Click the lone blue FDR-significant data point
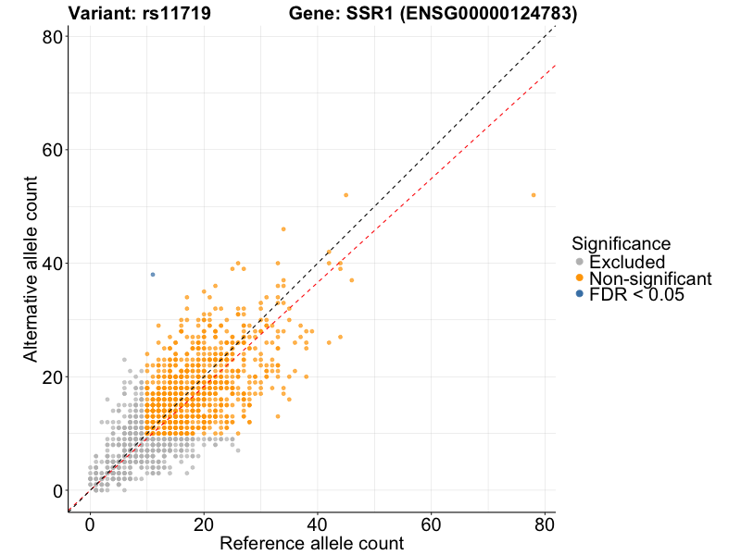pos(153,275)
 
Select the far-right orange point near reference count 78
pos(534,195)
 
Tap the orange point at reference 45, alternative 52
pos(346,195)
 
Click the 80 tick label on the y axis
pos(52,37)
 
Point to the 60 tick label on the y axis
pos(52,150)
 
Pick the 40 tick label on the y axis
pos(52,264)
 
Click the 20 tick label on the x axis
pos(204,524)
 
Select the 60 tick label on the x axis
pos(432,524)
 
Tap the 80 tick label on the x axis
pos(545,524)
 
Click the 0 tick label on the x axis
pos(90,524)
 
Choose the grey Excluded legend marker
pos(579,263)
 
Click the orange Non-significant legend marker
pos(579,278)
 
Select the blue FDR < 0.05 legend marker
pos(579,294)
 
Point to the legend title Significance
pos(621,244)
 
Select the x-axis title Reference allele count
pos(311,544)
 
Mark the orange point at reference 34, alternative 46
pos(283,228)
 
